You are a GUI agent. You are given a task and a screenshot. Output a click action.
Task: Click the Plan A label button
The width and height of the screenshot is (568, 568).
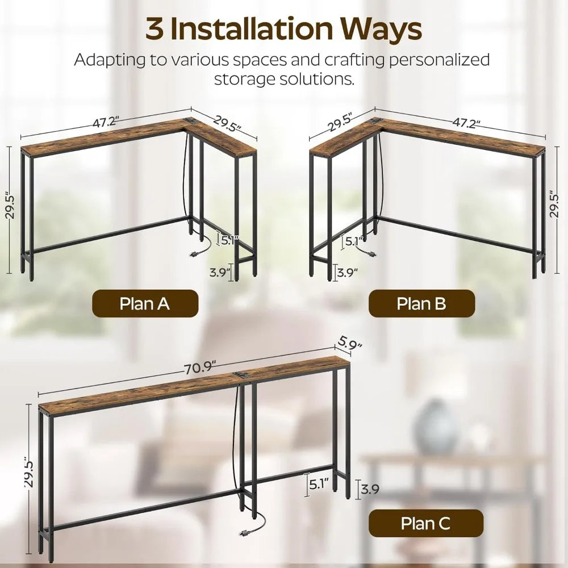[x=145, y=303]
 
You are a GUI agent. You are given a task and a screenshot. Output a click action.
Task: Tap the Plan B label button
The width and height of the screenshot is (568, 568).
[x=421, y=303]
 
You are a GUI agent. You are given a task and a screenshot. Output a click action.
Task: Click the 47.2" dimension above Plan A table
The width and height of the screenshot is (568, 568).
[x=105, y=122]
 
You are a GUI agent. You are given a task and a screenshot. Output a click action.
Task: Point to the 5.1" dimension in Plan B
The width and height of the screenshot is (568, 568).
[x=354, y=241]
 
